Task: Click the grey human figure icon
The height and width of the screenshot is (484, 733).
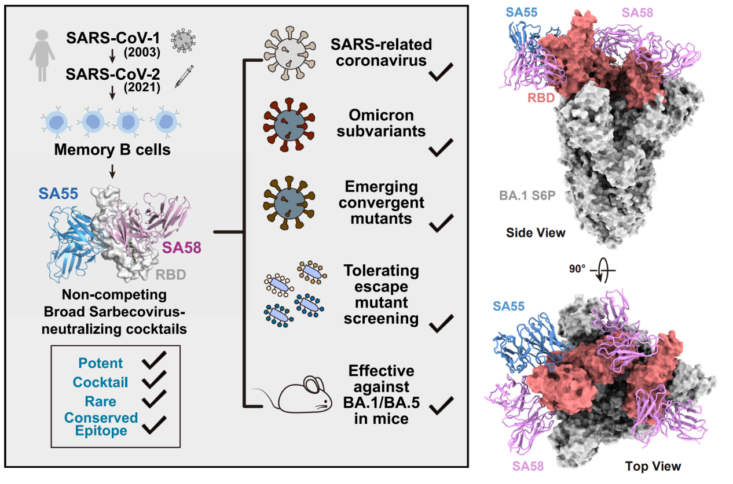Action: tap(42, 56)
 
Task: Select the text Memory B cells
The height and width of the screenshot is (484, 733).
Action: tap(112, 150)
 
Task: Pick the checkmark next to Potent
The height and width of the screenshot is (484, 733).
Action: tap(154, 362)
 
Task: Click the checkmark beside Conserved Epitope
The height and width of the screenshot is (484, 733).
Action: tap(154, 426)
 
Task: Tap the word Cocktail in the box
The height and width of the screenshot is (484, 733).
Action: tap(101, 382)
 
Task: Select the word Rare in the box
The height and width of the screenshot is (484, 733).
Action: tap(101, 401)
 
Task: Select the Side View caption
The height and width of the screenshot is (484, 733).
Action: tap(536, 233)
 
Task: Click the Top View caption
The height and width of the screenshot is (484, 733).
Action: tap(653, 466)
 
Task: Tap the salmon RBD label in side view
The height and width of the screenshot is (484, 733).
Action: tap(541, 98)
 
